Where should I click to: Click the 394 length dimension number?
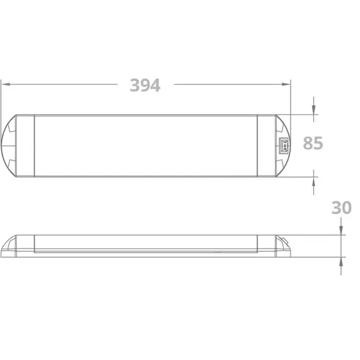point(145,85)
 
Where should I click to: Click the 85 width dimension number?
point(313,143)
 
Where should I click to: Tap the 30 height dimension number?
point(342,208)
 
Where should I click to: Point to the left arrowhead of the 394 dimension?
point(6,84)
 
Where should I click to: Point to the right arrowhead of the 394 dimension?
point(286,84)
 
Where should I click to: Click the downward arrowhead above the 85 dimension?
point(314,110)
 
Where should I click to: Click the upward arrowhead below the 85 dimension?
point(314,182)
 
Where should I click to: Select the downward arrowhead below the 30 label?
point(341,231)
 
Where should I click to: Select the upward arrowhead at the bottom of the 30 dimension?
point(341,261)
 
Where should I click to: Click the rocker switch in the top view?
point(284,145)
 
